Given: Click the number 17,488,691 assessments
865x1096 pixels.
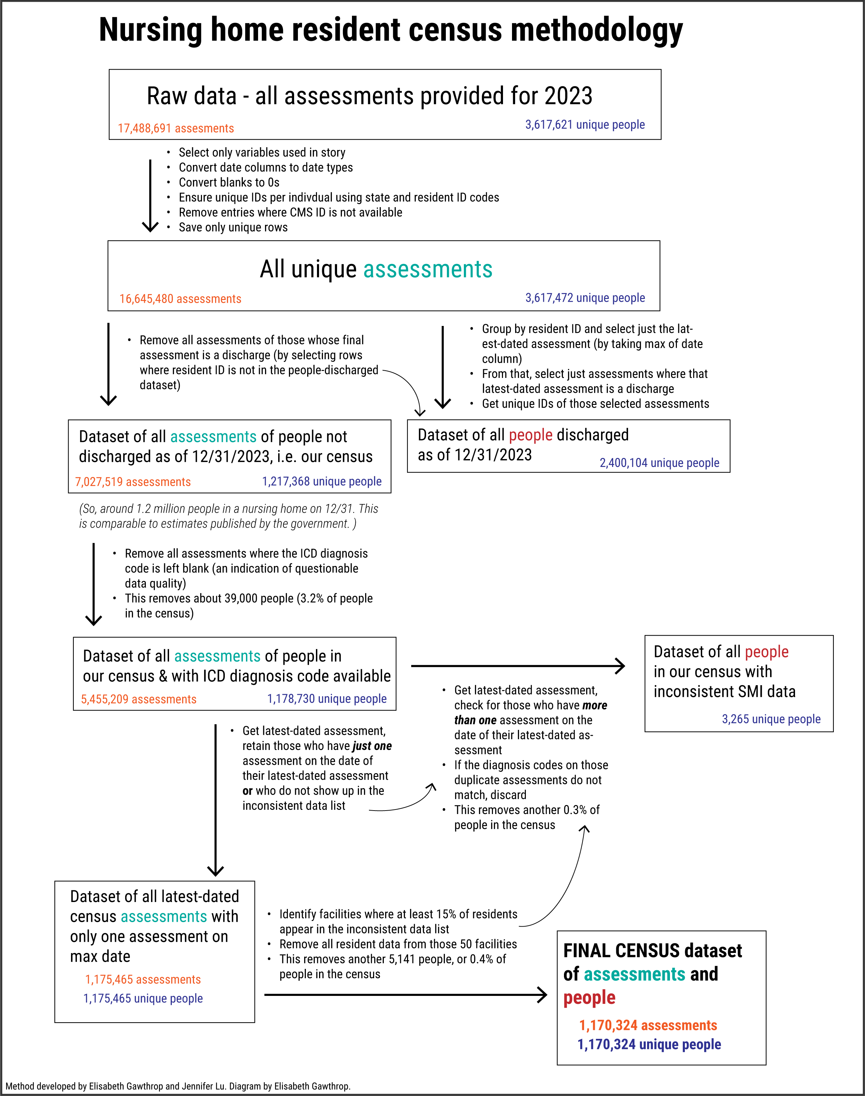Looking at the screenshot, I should point(176,129).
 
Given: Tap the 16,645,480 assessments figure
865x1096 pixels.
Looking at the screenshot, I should point(180,299).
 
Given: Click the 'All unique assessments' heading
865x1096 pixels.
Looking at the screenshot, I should point(376,269).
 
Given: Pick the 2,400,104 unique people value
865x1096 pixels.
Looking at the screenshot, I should point(659,463).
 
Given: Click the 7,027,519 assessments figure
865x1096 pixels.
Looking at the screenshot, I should point(133,481).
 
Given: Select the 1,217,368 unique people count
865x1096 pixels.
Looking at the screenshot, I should point(321,481).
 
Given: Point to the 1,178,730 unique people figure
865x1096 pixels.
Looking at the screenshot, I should point(327,699).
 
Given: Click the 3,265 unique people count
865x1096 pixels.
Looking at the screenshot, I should point(771,719).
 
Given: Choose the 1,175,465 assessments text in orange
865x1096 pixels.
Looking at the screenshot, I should point(143,980).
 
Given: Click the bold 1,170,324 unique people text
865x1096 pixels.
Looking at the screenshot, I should point(649,1044).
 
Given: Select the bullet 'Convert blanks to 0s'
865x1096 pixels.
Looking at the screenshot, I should point(229,182).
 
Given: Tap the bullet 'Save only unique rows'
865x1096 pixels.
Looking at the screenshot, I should point(233,227).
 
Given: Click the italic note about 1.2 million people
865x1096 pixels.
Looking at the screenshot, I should point(228,516).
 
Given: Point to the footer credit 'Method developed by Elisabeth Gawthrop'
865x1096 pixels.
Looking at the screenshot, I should point(177,1086).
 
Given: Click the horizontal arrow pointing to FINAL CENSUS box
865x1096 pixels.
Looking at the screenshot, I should point(405,995).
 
